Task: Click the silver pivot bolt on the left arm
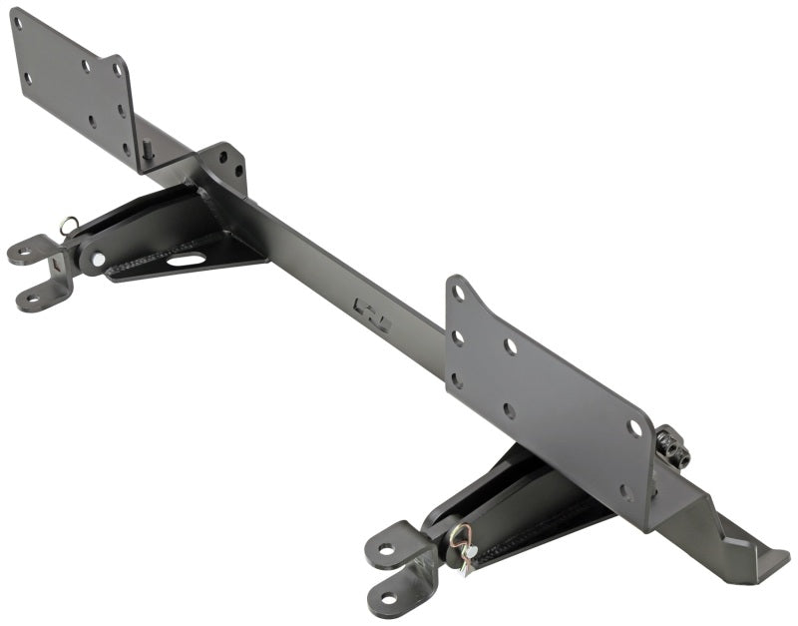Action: (98, 260)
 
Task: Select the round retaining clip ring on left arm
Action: (67, 226)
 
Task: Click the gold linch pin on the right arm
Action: (460, 540)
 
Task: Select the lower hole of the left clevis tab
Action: (33, 297)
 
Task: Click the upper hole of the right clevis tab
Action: (385, 548)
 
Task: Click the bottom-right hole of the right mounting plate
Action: (624, 491)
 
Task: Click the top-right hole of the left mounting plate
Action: (117, 71)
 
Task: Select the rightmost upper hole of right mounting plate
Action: (633, 427)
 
